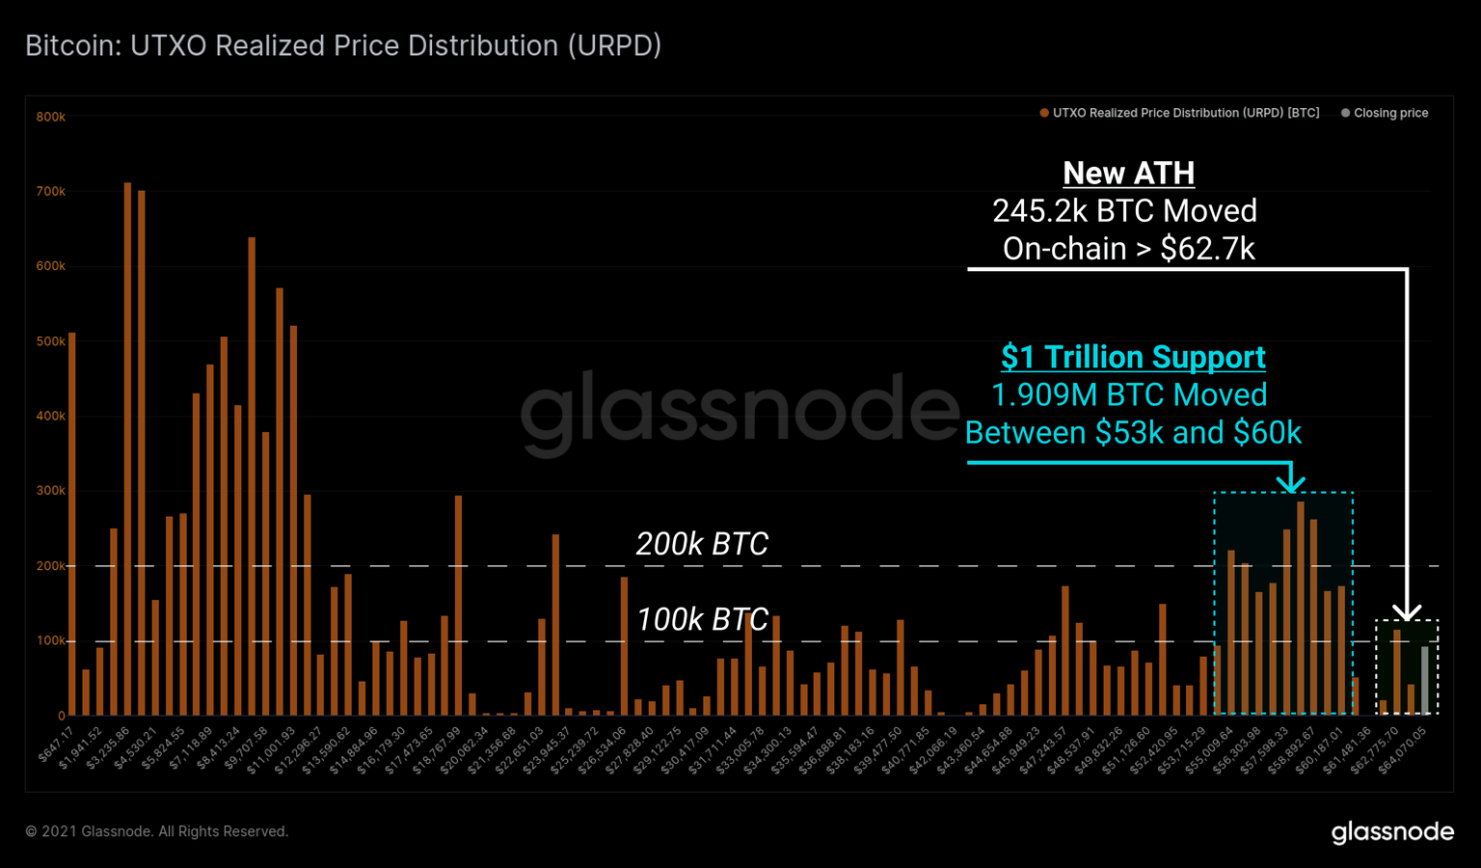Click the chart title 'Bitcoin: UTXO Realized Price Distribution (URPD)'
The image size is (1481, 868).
point(342,45)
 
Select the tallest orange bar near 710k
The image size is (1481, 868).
point(127,448)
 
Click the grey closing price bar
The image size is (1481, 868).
point(1424,680)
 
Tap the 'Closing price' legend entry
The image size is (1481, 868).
point(1389,113)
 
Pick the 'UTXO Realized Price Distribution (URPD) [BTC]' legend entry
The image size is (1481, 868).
point(1185,113)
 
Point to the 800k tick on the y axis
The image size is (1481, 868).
point(51,117)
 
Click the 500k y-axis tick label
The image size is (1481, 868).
point(51,341)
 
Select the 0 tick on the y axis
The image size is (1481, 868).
point(61,716)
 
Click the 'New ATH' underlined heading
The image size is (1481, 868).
point(1128,173)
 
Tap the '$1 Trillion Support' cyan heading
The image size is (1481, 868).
point(1133,357)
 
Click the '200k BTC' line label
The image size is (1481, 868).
point(702,544)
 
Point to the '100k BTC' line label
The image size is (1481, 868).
point(702,619)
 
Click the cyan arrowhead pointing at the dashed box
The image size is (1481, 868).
point(1291,481)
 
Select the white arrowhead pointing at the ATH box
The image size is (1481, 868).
point(1407,612)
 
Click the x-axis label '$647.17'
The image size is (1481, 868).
point(56,746)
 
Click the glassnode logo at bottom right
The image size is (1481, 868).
point(1392,832)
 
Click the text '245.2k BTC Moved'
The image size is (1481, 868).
point(1124,210)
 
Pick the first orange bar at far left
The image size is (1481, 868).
point(72,525)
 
